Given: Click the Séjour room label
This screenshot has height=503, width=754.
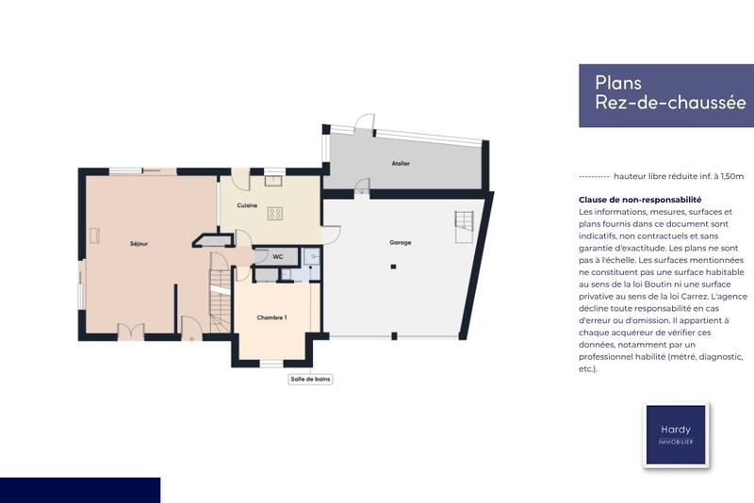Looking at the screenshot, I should click(x=139, y=244).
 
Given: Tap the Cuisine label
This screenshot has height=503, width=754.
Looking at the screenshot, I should click(x=248, y=204).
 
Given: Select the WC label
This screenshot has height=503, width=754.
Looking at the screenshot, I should click(x=278, y=256).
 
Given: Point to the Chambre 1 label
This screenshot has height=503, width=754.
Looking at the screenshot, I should click(x=271, y=317).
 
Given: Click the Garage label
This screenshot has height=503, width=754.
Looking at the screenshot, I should click(x=400, y=242).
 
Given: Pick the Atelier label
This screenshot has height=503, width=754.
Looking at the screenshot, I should click(x=401, y=163).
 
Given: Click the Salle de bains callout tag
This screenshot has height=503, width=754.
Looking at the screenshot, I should click(x=310, y=380).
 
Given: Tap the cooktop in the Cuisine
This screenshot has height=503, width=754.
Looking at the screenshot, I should click(x=275, y=213).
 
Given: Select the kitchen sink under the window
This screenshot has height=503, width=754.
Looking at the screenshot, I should click(x=274, y=178).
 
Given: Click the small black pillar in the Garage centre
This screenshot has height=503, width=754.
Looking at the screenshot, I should click(x=393, y=268).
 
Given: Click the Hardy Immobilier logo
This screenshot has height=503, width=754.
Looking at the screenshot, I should click(x=675, y=434).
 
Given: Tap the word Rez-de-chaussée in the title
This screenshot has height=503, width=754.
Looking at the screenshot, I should click(x=670, y=103).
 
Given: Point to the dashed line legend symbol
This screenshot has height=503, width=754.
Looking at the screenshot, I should click(x=593, y=176).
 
